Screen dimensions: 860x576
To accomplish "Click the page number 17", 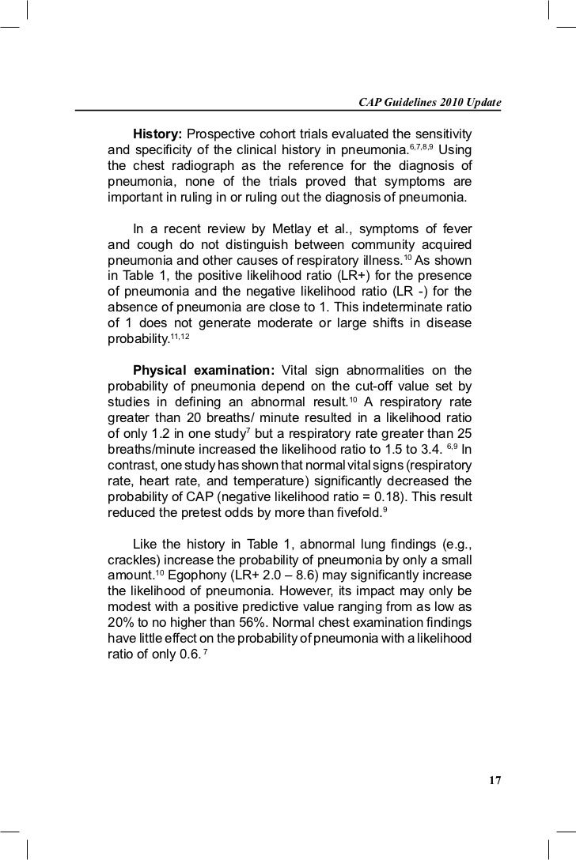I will (x=495, y=781).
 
